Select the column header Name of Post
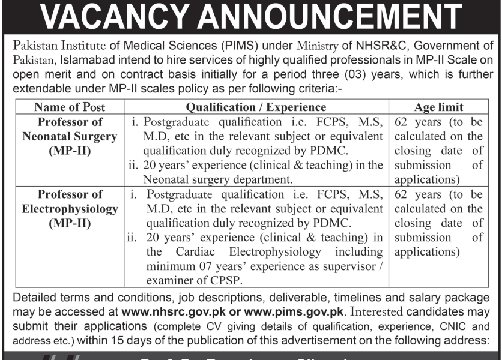[x=70, y=107]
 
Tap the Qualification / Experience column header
[x=256, y=107]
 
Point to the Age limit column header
[x=439, y=107]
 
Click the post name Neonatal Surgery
[x=70, y=136]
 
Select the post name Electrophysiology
[x=70, y=209]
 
